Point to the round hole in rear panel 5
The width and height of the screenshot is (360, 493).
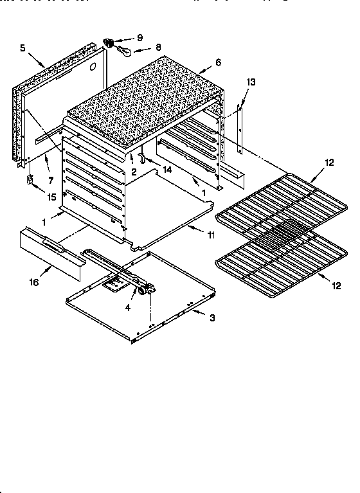point(94,66)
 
